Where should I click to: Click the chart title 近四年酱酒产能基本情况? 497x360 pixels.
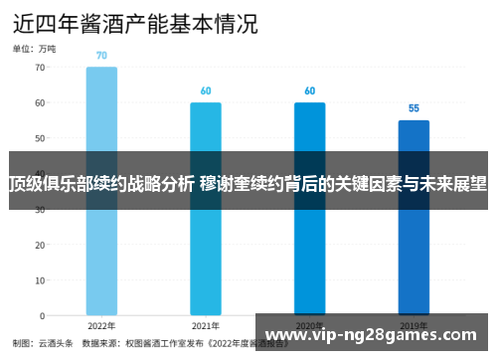point(134,22)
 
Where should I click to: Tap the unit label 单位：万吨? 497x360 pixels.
point(34,48)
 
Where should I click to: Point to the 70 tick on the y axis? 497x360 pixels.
point(40,68)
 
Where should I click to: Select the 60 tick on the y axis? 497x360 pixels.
point(40,102)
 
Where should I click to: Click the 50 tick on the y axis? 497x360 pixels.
point(40,138)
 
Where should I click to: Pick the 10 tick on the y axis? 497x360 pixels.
point(40,279)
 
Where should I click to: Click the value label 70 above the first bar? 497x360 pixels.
point(101,56)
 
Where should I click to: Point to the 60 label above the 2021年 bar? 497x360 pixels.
point(206,91)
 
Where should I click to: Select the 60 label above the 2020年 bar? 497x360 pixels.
point(309,91)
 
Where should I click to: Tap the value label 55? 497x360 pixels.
point(414,108)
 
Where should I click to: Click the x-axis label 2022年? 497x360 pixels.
point(101,325)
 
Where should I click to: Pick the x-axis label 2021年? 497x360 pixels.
point(206,325)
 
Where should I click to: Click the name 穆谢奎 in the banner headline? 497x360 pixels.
point(224,183)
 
